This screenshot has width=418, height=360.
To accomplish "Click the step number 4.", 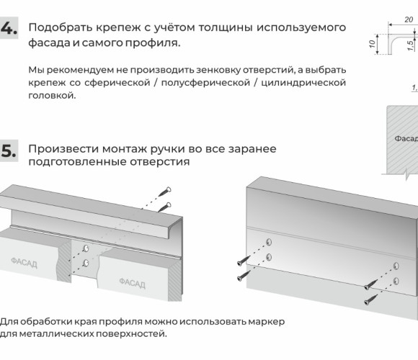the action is [9, 28].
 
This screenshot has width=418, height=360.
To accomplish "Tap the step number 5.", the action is [9, 150].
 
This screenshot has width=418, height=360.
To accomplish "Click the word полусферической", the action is [205, 83].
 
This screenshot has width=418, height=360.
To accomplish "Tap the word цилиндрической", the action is [303, 83].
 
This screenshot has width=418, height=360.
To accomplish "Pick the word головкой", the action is [52, 95].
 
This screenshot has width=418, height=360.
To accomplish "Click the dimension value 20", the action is [409, 19].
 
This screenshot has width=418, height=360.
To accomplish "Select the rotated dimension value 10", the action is [372, 44].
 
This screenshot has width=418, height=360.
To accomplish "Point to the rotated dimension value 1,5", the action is [411, 45].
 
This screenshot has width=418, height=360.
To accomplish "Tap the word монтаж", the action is [125, 149].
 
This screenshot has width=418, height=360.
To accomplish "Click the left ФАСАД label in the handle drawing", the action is [24, 263].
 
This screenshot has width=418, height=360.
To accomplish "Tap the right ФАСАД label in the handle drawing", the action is [132, 283].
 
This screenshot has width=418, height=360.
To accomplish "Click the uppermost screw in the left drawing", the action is [165, 192].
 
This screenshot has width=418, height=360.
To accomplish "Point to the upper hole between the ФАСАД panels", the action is [86, 248].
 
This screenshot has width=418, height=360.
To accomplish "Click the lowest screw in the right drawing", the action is [370, 300].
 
